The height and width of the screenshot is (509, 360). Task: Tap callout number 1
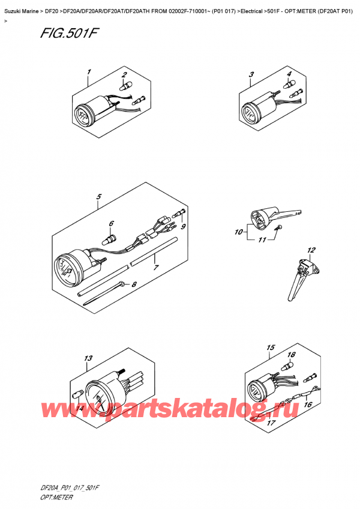pos(88,73)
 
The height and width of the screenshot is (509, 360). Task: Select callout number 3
pos(251,74)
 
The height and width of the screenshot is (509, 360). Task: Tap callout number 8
pos(134,285)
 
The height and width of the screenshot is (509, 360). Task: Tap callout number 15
pos(270,348)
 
